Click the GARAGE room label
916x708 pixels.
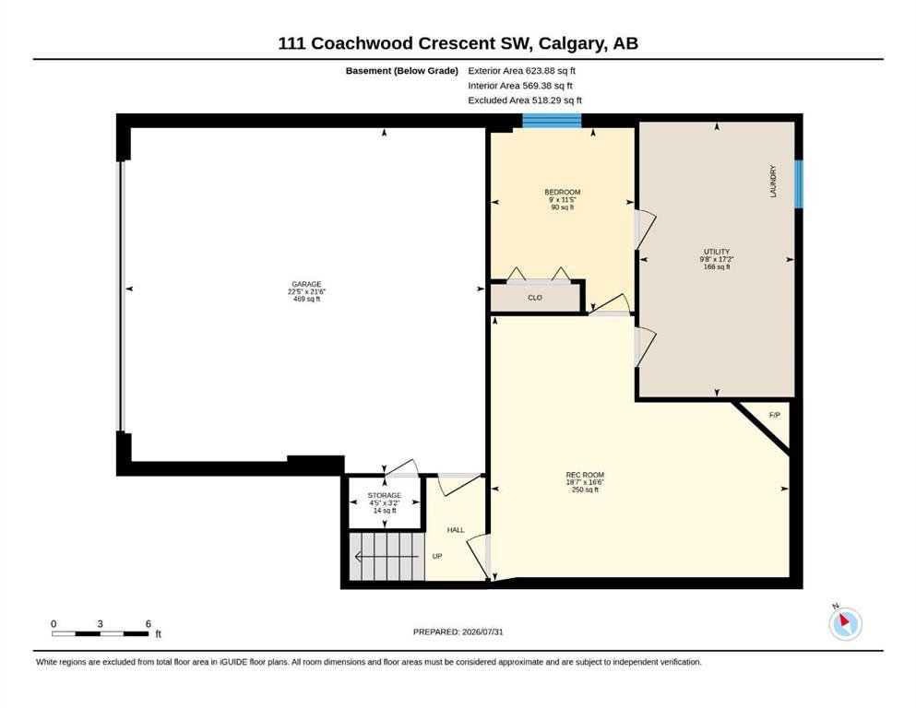[x=306, y=284]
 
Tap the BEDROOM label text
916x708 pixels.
[x=563, y=192]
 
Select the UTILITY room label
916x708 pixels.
[x=717, y=252]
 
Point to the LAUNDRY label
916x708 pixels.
[x=773, y=181]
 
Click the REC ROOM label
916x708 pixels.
[x=585, y=475]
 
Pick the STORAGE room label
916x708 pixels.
[x=385, y=496]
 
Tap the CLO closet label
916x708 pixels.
[x=535, y=298]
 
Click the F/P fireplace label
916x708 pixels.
[x=775, y=415]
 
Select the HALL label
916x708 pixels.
[x=456, y=530]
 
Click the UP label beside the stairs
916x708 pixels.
[x=437, y=556]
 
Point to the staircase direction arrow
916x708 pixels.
[x=387, y=557]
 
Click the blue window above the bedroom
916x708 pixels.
[x=552, y=121]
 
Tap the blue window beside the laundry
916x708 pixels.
[x=799, y=183]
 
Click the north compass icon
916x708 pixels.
[x=845, y=623]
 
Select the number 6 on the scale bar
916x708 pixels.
[x=149, y=624]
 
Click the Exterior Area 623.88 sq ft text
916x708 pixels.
[x=522, y=71]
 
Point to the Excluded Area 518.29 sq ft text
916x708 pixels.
[x=525, y=100]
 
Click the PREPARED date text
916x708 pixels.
[x=458, y=631]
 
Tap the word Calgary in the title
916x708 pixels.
[x=571, y=43]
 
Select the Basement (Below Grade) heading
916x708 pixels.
[x=402, y=71]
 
